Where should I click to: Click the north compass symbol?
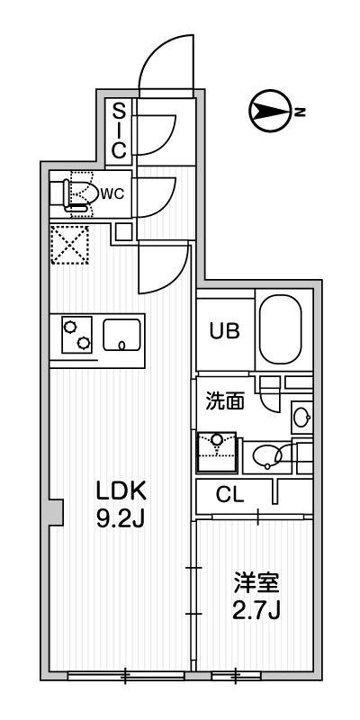271,111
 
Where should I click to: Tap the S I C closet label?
119,130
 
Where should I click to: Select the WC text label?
112,193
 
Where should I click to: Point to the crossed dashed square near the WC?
70,245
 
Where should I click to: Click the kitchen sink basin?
121,335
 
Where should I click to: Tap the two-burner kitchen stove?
76,335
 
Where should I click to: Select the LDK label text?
121,491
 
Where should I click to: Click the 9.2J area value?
121,518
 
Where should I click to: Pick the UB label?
224,331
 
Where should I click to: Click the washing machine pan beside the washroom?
216,452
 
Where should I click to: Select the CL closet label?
230,496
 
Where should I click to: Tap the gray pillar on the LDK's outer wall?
56,512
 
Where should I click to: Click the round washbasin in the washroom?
301,418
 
